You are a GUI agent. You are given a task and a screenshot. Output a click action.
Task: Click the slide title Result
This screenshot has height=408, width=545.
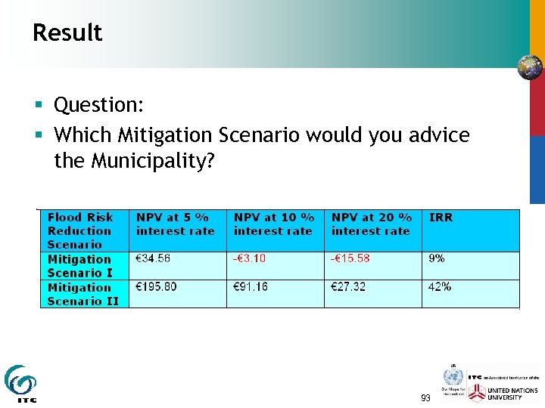[x=67, y=33]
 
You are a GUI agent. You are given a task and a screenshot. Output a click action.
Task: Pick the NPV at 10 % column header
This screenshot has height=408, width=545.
[x=273, y=224]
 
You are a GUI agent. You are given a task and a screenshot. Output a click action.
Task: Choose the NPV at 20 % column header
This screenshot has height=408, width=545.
[x=371, y=224]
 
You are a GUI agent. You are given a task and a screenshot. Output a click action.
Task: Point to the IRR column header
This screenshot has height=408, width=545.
[x=441, y=218]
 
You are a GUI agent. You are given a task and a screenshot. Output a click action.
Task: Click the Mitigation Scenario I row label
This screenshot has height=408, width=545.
[x=79, y=266]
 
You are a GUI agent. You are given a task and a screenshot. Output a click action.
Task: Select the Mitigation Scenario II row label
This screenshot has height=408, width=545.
[x=83, y=294]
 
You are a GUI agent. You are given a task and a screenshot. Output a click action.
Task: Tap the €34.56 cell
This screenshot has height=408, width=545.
[x=153, y=258]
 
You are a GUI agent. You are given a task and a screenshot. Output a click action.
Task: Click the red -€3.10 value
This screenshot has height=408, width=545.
[x=250, y=258]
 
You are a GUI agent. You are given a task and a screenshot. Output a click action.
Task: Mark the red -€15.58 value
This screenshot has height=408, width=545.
[x=350, y=258]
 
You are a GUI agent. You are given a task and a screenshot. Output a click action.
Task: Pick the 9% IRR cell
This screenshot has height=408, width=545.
[x=437, y=258]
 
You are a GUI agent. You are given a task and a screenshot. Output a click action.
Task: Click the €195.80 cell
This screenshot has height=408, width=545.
[x=156, y=287]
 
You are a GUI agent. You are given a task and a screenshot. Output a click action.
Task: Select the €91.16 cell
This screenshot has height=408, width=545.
[x=251, y=287]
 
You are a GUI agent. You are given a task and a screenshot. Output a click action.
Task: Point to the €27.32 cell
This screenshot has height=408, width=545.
[x=348, y=287]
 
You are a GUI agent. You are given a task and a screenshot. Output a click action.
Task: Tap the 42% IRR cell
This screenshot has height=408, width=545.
[x=440, y=287]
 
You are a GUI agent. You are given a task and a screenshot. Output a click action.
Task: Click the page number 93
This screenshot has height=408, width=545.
[x=425, y=397]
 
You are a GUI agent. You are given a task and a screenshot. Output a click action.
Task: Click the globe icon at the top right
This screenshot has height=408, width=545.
[x=530, y=67]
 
